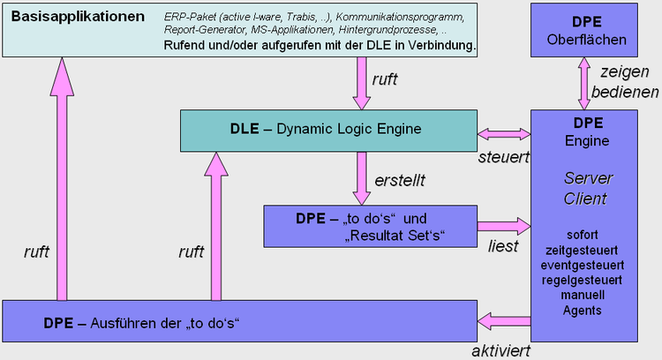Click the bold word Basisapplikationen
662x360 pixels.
(78, 17)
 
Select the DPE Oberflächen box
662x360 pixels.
(580, 30)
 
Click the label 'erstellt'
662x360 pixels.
(400, 180)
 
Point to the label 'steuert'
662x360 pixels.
(503, 158)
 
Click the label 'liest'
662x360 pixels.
(503, 246)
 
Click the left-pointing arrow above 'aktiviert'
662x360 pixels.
(503, 320)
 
